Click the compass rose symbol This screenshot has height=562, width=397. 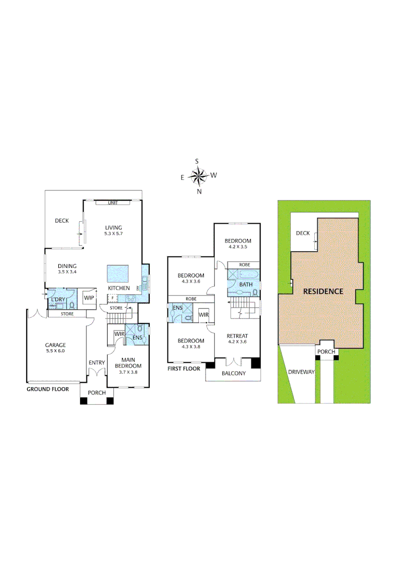pos(198,176)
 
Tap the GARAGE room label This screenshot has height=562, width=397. pos(55,344)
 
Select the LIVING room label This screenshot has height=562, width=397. pos(113,227)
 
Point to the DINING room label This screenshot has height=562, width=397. pos(67,266)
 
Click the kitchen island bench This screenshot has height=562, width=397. pos(118,273)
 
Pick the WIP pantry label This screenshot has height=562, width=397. pos(89,298)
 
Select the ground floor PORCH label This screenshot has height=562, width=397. pos(97,392)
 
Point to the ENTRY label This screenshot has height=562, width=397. pos(97,363)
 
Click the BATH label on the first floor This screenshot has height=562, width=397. pos(246,285)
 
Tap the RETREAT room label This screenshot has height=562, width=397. pos(237,336)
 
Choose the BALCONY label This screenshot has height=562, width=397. pos(234,374)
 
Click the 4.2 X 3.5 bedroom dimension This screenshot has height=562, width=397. pos(238,247)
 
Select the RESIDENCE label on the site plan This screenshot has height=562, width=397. pos(323,291)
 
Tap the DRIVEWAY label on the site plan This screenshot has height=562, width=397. pos(301,372)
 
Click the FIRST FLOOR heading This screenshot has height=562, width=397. pos(184,368)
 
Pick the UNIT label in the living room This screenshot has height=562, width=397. pos(112,203)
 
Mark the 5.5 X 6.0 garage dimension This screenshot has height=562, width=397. pos(55,351)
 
